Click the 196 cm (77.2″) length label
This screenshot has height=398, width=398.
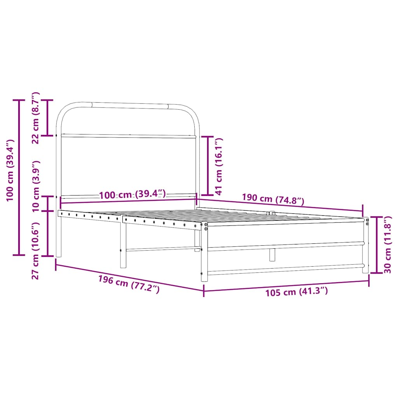click(129, 284)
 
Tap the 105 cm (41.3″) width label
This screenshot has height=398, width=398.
click(297, 292)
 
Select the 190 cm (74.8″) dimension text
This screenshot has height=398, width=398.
click(273, 199)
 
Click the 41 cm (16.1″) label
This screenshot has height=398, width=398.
click(218, 166)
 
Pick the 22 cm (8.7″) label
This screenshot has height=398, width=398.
click(35, 118)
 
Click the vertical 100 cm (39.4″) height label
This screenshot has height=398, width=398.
click(10, 170)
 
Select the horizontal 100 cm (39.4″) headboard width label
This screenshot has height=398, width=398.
click(132, 195)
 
